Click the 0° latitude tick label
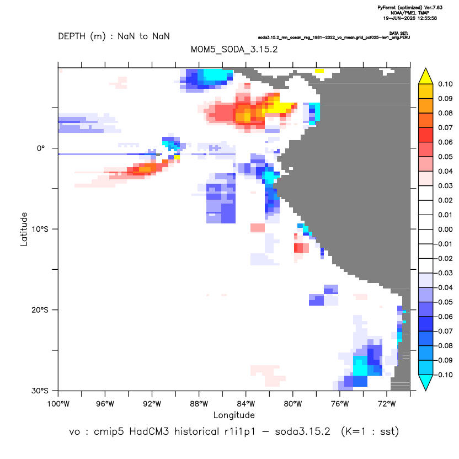point(41,148)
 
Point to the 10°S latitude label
point(40,229)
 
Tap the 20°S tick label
point(40,310)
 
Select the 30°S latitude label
point(40,391)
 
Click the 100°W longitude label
point(58,404)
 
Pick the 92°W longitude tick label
point(152,404)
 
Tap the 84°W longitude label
point(246,404)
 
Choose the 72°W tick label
point(387,404)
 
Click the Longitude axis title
point(234,415)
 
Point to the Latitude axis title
point(24,229)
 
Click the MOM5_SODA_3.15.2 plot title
point(234,50)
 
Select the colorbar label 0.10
point(445,84)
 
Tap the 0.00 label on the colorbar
point(445,229)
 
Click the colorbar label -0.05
point(444,302)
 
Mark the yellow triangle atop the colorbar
point(426,76)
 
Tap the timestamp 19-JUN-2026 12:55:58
point(410,18)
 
